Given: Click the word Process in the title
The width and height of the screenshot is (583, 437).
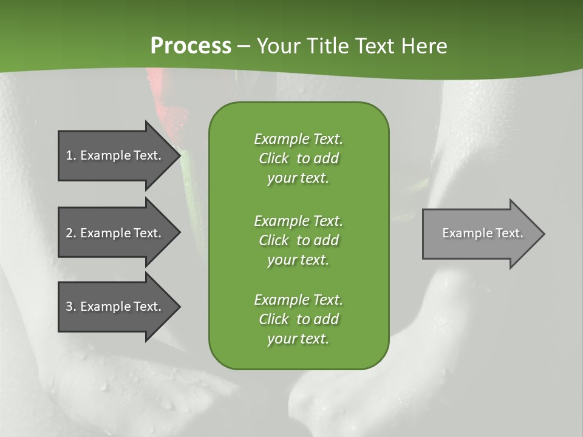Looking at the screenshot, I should click(191, 46).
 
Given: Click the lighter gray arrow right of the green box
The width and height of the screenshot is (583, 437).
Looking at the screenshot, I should click(480, 234).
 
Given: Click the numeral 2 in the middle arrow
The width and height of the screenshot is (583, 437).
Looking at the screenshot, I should click(69, 233).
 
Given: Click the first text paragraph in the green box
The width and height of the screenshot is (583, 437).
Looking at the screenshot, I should click(298, 158).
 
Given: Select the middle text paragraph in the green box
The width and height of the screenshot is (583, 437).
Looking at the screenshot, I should click(298, 240).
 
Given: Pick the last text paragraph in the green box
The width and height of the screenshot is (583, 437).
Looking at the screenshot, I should click(298, 319).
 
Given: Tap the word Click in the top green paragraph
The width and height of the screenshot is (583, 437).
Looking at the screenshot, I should click(274, 158).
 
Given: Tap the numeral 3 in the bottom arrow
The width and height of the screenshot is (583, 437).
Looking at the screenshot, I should click(69, 307).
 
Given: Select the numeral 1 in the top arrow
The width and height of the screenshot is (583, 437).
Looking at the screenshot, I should click(69, 155).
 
